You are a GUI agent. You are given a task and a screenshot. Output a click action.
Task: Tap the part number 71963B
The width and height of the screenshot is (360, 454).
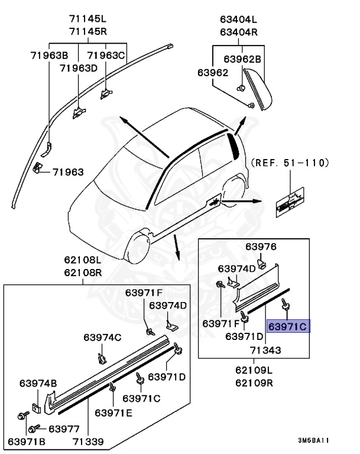50,56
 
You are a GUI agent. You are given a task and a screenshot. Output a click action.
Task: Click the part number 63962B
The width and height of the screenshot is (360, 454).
242,59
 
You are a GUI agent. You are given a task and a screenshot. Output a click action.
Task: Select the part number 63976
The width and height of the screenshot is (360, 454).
261,247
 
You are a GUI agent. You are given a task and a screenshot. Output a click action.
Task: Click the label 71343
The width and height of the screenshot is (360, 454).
265,350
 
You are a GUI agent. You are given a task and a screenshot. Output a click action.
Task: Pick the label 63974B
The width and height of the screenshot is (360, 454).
38,382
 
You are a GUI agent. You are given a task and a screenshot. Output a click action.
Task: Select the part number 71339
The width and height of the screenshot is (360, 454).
89,441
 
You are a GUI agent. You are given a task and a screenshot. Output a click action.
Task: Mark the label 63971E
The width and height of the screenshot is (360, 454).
114,411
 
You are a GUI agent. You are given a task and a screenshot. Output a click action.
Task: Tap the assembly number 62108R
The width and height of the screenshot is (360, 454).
83,273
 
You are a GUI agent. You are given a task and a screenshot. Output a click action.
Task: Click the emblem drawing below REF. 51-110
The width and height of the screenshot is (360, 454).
288,202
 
